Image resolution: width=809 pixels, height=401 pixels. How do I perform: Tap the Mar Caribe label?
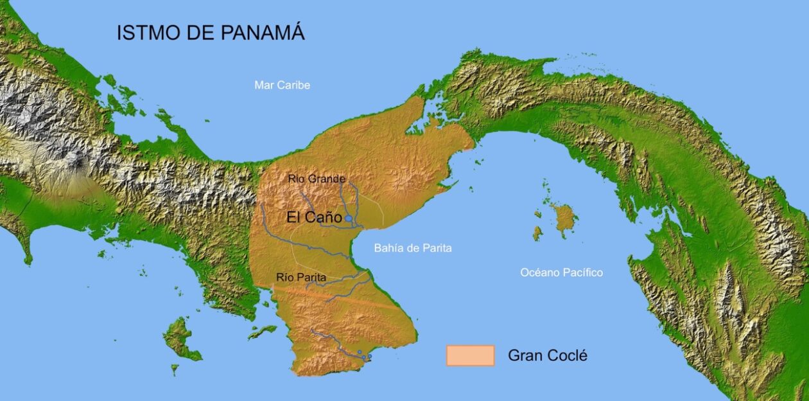coord(282,85)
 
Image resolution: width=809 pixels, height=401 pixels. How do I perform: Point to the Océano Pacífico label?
coord(561,272)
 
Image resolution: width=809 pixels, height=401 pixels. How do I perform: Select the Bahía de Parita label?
coord(413,248)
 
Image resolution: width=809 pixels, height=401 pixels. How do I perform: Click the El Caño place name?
coord(314,218)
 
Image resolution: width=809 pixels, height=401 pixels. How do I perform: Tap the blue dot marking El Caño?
coord(349,219)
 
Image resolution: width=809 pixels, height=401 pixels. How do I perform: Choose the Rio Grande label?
coord(317,179)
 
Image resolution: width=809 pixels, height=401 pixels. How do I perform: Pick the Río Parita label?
coord(301,277)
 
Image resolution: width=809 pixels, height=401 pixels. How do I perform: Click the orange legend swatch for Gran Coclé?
coord(470,355)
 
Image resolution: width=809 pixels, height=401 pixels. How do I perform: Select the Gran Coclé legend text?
coord(547,355)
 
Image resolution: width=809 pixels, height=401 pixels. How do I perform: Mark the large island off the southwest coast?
coord(180,339)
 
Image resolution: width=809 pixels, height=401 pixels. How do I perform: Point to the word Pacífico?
coord(582,272)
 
